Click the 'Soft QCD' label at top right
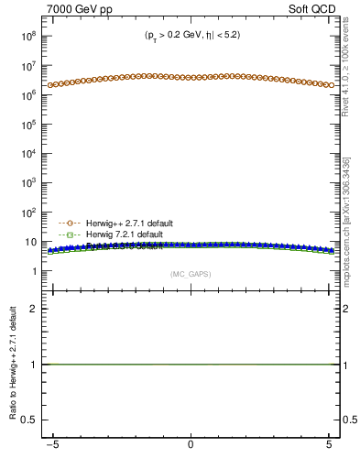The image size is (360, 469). [x=316, y=9]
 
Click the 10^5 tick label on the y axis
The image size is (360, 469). [x=27, y=125]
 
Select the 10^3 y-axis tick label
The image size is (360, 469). [x=27, y=183]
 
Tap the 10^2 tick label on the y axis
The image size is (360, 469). [x=27, y=213]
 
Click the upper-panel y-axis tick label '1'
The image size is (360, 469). [x=33, y=272]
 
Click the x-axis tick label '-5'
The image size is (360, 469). [x=54, y=446]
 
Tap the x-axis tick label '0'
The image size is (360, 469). [x=191, y=446]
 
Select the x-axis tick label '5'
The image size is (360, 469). [x=327, y=446]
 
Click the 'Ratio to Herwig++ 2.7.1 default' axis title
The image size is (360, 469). [x=11, y=366]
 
